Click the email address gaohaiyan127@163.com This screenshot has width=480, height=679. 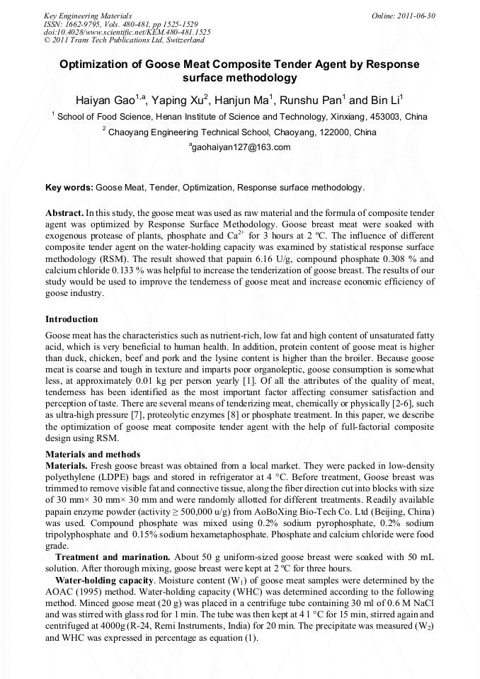tap(241, 147)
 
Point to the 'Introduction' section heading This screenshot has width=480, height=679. tap(72, 319)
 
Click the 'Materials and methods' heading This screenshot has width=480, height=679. tap(93, 454)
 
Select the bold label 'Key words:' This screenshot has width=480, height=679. tap(69, 188)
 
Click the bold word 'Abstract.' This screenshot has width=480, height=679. tap(64, 212)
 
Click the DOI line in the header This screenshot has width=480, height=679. tap(127, 33)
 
